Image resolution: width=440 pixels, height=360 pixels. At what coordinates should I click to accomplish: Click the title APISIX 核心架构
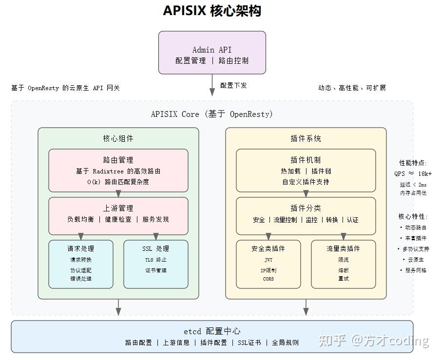[212, 11]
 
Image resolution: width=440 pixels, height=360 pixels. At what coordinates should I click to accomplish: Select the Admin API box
[212, 53]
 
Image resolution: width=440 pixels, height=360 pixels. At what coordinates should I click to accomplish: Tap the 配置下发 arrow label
[233, 85]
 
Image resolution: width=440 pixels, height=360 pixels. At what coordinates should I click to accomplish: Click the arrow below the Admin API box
[212, 85]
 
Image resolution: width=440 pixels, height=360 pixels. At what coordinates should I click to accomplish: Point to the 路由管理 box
[118, 171]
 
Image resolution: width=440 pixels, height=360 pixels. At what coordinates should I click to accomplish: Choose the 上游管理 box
[118, 214]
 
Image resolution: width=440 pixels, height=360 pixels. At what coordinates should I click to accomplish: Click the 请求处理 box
[81, 264]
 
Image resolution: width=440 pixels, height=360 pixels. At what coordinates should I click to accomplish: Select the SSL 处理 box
[156, 264]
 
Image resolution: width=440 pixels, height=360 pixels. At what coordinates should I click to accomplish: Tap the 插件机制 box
[306, 171]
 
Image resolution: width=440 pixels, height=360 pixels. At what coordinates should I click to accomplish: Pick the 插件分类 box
[306, 214]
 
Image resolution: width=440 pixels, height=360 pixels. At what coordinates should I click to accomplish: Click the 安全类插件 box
[268, 264]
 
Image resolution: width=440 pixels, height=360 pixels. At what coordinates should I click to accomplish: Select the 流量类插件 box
[343, 264]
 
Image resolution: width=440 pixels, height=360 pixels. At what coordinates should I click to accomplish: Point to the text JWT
[268, 260]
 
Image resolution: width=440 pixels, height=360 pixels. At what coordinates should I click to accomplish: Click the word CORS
[268, 279]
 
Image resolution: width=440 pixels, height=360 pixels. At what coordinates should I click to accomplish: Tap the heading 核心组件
[118, 138]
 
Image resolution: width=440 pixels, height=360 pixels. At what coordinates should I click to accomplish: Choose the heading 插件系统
[306, 138]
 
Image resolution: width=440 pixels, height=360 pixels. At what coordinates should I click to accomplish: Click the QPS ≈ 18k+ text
[413, 173]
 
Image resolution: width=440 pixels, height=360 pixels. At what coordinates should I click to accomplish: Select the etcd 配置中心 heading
[212, 331]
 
